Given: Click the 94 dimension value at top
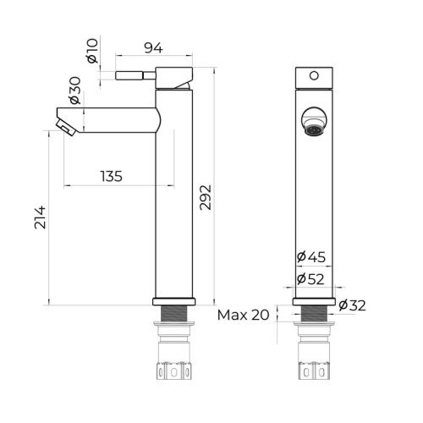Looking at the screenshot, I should click(153, 47).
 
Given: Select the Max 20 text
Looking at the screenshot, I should click(243, 315).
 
